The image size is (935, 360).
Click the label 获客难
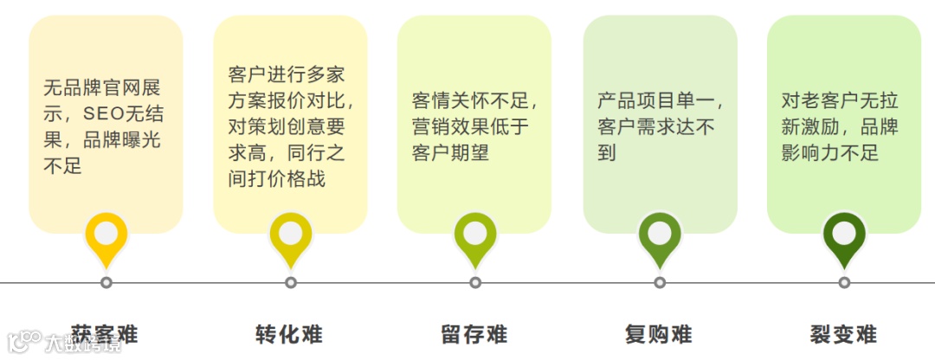pos(105,333)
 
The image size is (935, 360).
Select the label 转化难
pos(289,334)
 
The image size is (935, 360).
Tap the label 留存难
pos(474,334)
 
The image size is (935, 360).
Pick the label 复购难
pos(658,334)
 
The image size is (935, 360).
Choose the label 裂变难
pos(843,334)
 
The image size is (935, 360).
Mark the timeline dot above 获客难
pos(106,282)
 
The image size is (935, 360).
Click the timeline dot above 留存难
pos(475,282)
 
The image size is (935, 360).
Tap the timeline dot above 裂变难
pos(844,282)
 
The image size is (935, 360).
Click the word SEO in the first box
pos(103,113)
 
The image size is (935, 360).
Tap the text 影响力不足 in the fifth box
pos(830,153)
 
